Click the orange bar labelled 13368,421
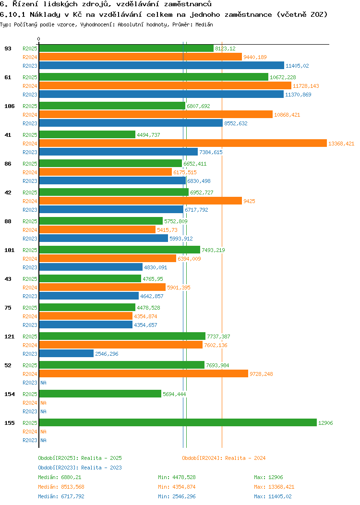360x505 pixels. click(183, 143)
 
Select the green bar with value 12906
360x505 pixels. click(178, 422)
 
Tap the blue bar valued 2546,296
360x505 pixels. click(66, 353)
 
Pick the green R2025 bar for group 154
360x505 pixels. click(100, 394)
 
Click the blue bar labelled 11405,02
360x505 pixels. click(161, 65)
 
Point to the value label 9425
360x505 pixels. click(249, 201)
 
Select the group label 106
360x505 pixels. click(9, 106)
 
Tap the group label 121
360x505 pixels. click(9, 337)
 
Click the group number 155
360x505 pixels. click(9, 423)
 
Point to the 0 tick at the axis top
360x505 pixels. click(39, 39)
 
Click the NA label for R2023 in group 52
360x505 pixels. click(43, 383)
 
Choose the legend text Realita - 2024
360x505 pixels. click(245, 458)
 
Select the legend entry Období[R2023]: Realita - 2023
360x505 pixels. click(80, 468)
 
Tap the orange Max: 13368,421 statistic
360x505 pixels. click(274, 487)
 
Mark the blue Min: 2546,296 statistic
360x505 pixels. click(177, 496)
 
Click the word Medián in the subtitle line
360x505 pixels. click(204, 24)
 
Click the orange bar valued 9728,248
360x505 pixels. click(144, 373)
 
